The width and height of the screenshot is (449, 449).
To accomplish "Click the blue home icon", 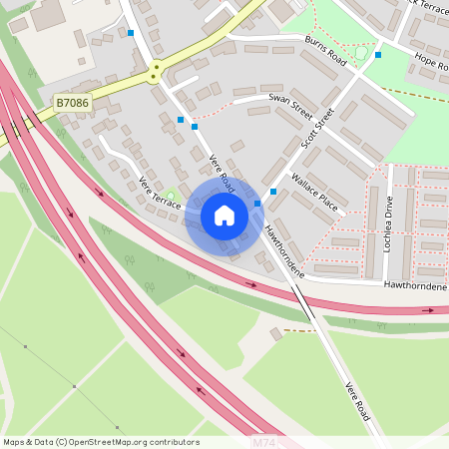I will pyautogui.click(x=224, y=216).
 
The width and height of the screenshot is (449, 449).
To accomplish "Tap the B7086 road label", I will pyautogui.click(x=72, y=102).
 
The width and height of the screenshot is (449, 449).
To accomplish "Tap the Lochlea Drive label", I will pyautogui.click(x=388, y=224).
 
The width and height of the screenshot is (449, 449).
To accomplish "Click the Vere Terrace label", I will pyautogui.click(x=160, y=193).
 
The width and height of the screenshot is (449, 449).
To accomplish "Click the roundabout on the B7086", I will pyautogui.click(x=155, y=72).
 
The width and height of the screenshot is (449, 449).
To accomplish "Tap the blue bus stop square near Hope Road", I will pyautogui.click(x=377, y=55).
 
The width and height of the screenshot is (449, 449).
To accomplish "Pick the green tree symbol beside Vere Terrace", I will pyautogui.click(x=170, y=196).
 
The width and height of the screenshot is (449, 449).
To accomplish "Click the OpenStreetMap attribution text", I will pyautogui.click(x=101, y=441).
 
